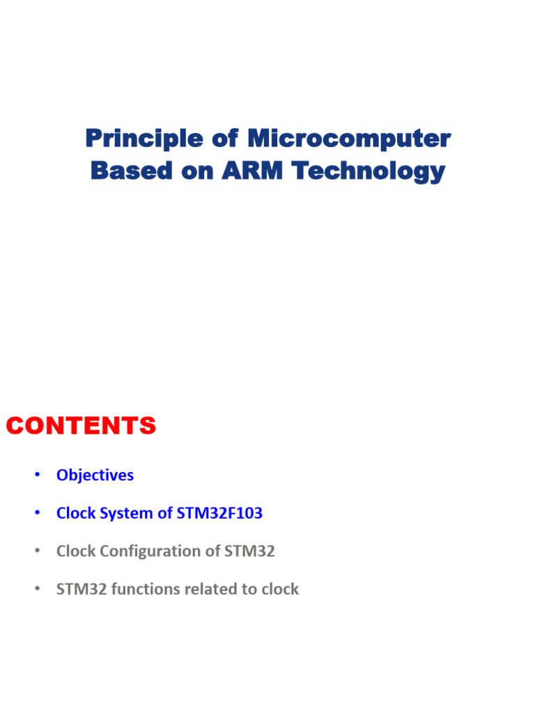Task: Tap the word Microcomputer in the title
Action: (x=348, y=139)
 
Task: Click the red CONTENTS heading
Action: (x=81, y=425)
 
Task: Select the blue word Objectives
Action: (x=95, y=476)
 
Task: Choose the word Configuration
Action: (x=154, y=551)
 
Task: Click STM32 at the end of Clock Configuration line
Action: (x=250, y=551)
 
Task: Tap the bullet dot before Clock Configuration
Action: (x=37, y=551)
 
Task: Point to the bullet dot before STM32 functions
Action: (x=37, y=589)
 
